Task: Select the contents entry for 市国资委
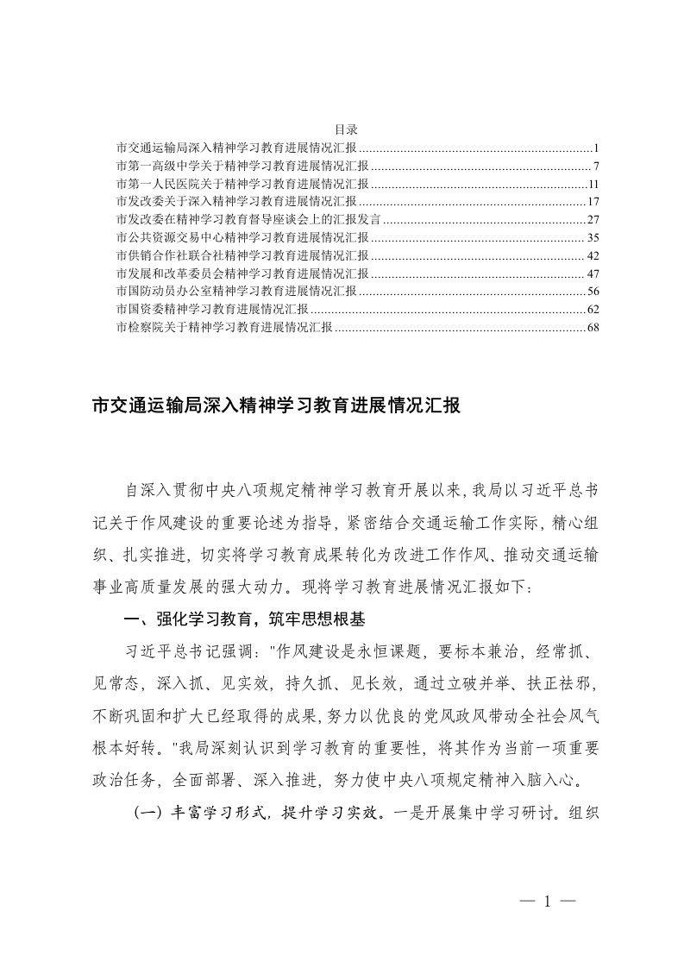210,309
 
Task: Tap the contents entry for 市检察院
223,327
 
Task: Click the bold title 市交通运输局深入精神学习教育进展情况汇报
277,406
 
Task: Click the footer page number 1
547,902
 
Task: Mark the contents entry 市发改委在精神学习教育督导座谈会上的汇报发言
254,219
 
